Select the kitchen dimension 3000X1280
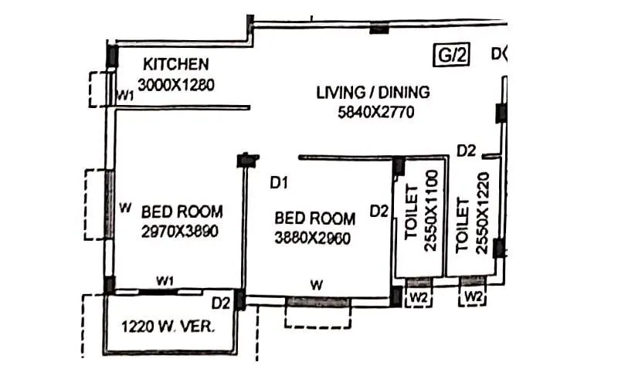click(176, 84)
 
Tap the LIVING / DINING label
click(373, 93)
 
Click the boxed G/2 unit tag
click(450, 54)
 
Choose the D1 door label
click(279, 183)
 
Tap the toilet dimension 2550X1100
click(430, 211)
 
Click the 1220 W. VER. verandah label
click(168, 326)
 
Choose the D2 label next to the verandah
click(222, 302)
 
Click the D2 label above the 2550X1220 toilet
click(465, 151)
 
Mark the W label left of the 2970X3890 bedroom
click(124, 207)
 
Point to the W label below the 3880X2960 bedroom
click(316, 284)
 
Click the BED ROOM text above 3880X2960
click(315, 218)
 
